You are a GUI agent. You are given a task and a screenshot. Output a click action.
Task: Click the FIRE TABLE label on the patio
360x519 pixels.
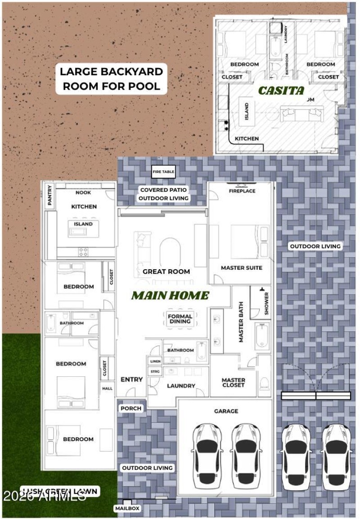point(163,172)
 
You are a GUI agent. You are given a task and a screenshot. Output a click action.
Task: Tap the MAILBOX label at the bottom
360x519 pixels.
point(126,508)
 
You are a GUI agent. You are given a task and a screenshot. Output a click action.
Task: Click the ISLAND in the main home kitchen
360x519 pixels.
point(83,224)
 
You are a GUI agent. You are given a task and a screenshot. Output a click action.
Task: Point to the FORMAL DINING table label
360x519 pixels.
point(180,319)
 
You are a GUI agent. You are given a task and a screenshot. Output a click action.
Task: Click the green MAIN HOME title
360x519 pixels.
point(170,296)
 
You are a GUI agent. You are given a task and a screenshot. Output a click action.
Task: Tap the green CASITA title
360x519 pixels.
point(281,90)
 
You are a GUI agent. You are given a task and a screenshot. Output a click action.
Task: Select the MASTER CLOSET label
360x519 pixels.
point(234,383)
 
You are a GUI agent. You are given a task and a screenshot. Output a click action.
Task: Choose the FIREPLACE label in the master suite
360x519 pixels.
point(242,191)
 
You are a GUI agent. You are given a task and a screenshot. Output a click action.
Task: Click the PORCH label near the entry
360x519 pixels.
point(131,408)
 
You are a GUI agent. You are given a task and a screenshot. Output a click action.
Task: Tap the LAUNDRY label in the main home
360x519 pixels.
point(181,386)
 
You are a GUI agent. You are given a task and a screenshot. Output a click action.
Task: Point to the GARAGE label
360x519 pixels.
point(226,411)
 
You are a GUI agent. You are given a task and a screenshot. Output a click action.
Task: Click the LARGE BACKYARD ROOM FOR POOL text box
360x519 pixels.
point(112,79)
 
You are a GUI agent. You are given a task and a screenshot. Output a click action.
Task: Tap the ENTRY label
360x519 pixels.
point(131,379)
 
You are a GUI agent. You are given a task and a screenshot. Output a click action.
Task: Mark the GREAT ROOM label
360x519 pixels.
point(166,271)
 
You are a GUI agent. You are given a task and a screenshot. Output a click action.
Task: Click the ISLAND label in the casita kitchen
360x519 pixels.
point(247,111)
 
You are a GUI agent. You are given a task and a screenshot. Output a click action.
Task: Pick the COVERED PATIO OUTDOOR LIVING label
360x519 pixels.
point(163,194)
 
